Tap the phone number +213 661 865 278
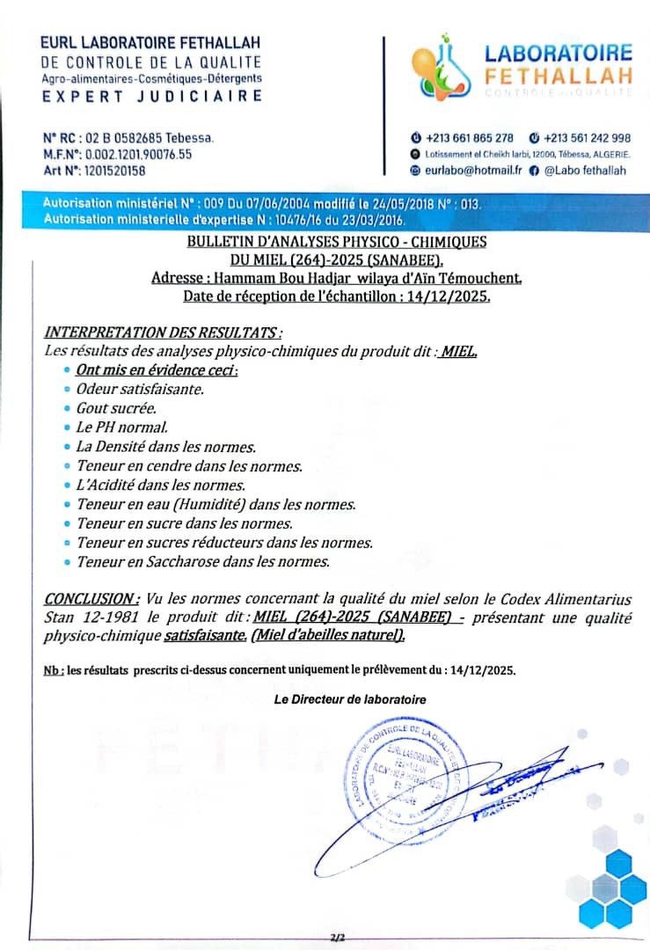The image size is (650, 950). pos(469,138)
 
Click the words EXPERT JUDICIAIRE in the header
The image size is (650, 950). pos(151,96)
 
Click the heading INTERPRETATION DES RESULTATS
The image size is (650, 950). pos(163,332)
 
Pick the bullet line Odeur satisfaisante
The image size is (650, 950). pos(139,388)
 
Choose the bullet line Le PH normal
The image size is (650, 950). pos(116,427)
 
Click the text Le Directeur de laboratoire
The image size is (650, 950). pos(350,699)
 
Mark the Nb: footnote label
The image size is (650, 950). pos(53,670)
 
